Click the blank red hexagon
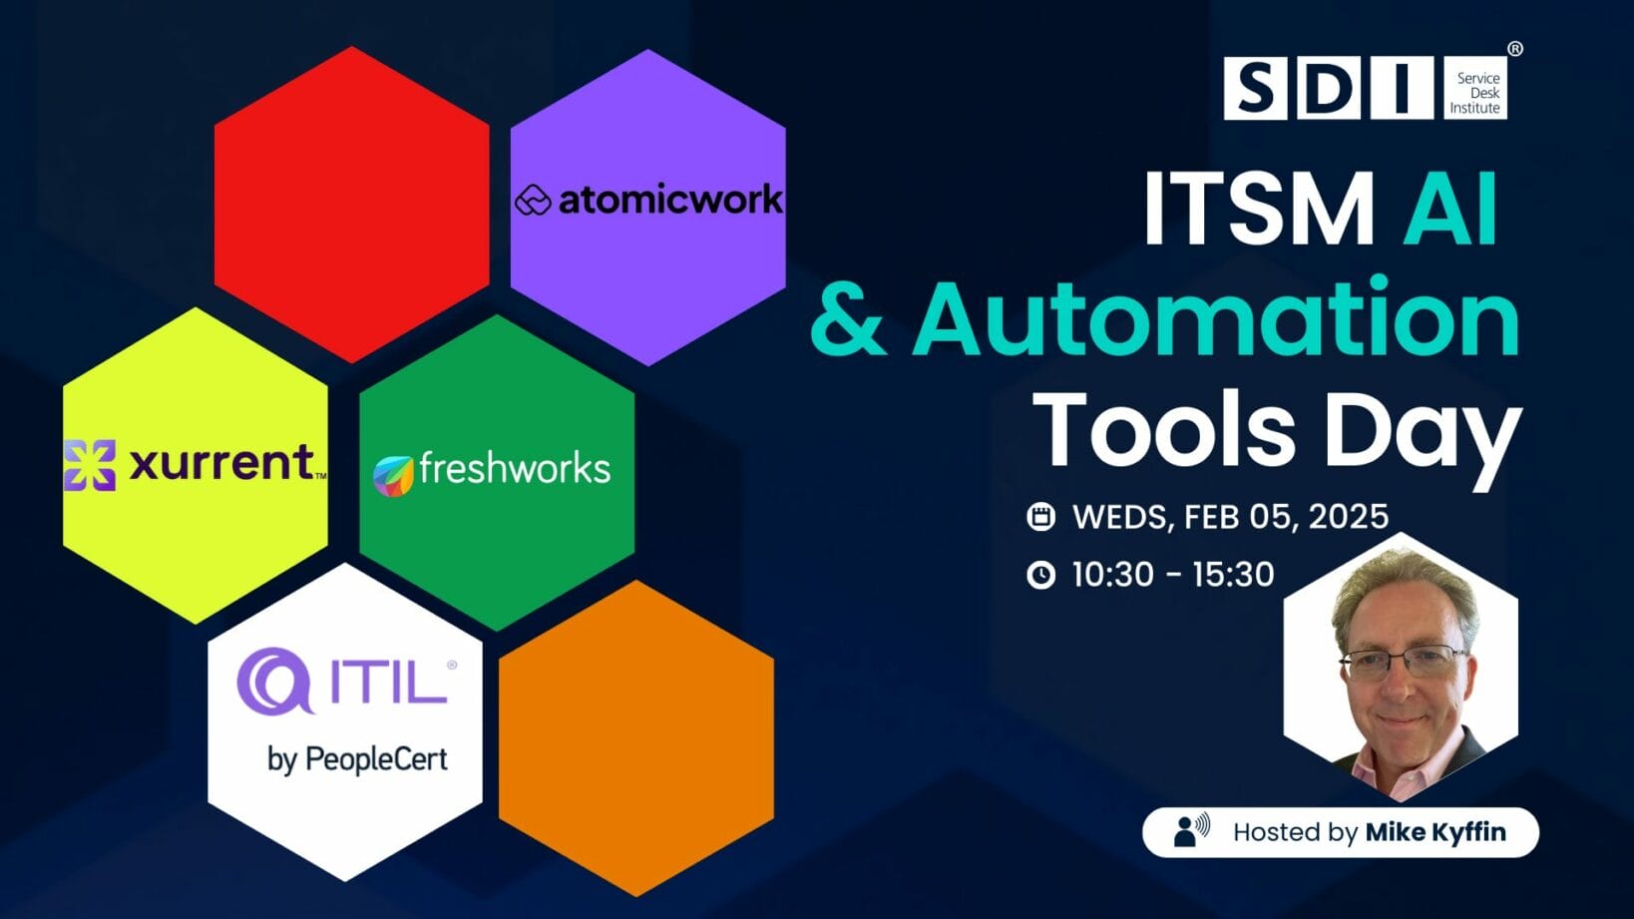(x=351, y=205)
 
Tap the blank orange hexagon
(x=636, y=738)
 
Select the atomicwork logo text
(x=669, y=201)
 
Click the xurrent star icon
(x=90, y=465)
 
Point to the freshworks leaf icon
(x=393, y=475)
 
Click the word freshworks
(x=514, y=468)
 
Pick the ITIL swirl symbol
(x=273, y=681)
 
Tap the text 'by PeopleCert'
(x=357, y=759)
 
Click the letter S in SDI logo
(x=1254, y=89)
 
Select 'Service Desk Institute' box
(x=1475, y=91)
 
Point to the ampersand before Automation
(x=848, y=319)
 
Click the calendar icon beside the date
(x=1040, y=516)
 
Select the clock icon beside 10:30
(x=1040, y=575)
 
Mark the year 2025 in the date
(x=1348, y=516)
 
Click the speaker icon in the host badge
(x=1190, y=830)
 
